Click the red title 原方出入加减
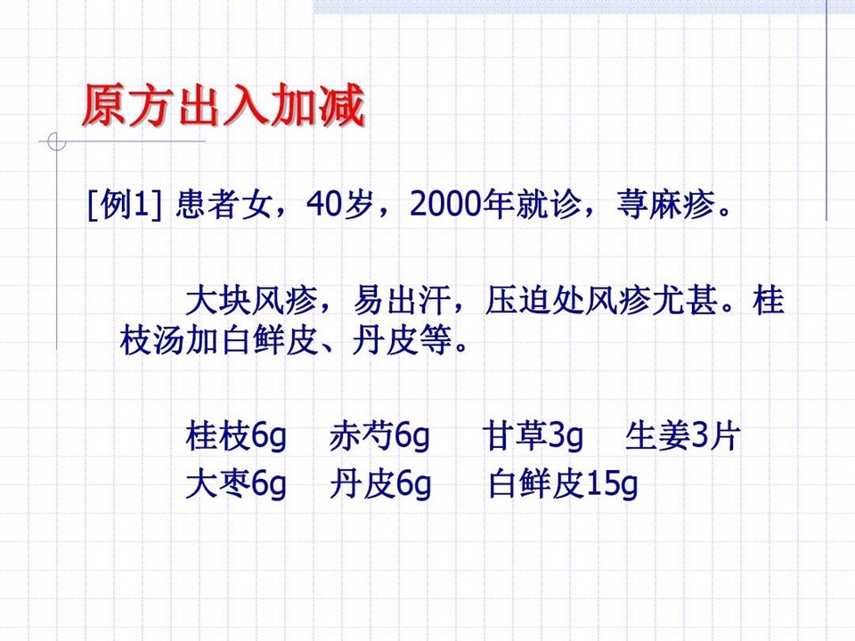click(x=224, y=105)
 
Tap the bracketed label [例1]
click(x=125, y=205)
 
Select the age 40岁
click(x=339, y=205)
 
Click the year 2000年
click(x=461, y=205)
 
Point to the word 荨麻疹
click(x=666, y=205)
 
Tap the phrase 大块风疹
click(x=251, y=300)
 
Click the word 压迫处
click(x=534, y=300)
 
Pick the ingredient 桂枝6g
click(x=235, y=436)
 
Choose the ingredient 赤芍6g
click(x=379, y=436)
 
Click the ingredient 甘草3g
click(x=533, y=436)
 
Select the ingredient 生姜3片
click(x=683, y=436)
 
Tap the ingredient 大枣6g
click(x=235, y=484)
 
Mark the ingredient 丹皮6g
click(x=380, y=484)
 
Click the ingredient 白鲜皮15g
click(x=563, y=484)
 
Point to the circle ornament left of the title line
click(x=57, y=142)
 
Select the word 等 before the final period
click(x=436, y=342)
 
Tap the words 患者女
click(x=224, y=205)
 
